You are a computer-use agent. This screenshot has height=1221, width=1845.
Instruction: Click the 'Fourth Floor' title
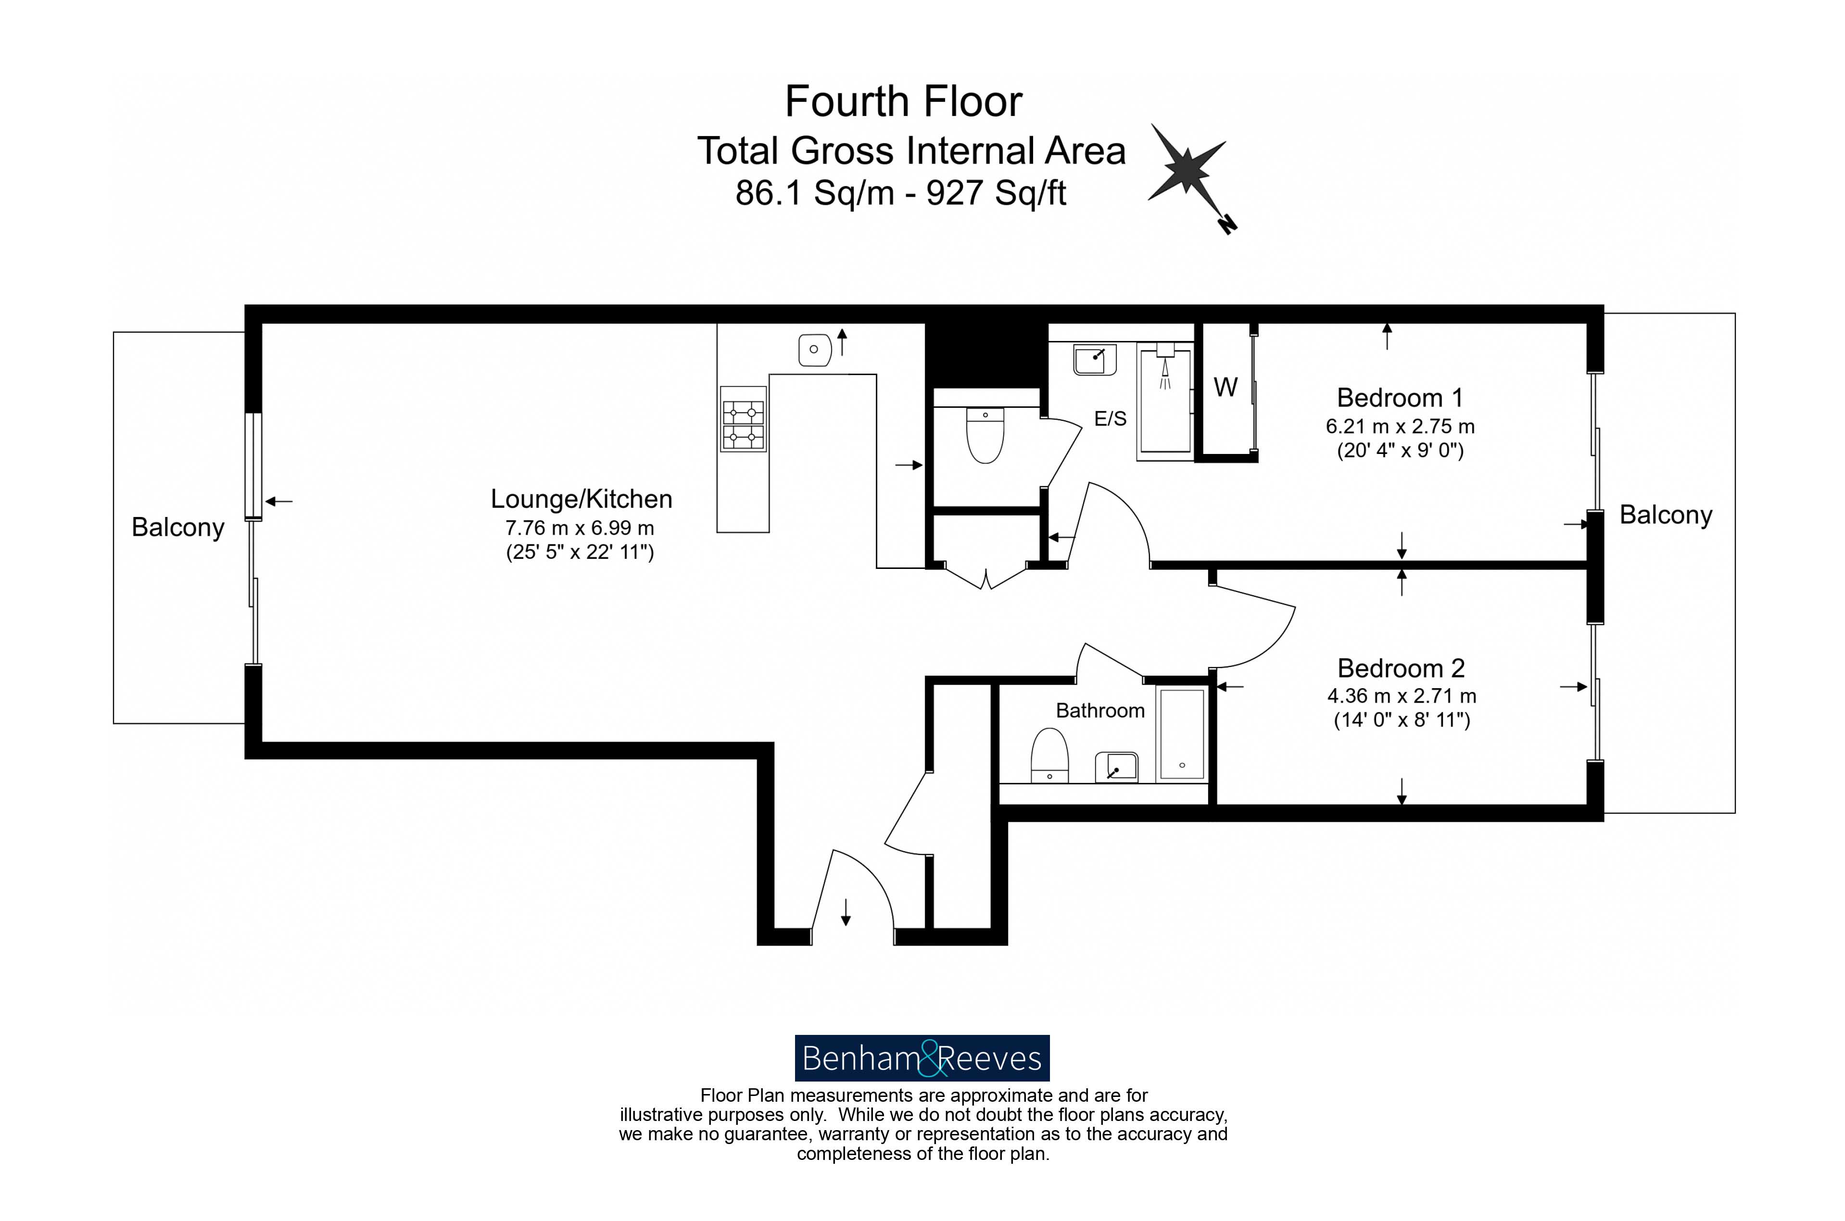tap(903, 102)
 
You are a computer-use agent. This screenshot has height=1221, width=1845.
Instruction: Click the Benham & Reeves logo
tap(922, 1057)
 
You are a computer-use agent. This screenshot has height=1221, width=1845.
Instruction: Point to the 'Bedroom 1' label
tap(1400, 398)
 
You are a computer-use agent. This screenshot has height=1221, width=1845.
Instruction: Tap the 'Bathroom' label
tap(1099, 710)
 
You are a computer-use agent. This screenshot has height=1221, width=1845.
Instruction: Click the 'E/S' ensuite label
tap(1110, 419)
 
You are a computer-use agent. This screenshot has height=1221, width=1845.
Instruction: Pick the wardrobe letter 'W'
tap(1225, 387)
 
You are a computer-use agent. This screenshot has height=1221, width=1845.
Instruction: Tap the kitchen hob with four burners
tap(743, 419)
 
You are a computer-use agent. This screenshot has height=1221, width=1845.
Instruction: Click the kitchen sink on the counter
tap(815, 350)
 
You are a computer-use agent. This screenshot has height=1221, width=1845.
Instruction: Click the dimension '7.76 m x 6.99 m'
tap(580, 528)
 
